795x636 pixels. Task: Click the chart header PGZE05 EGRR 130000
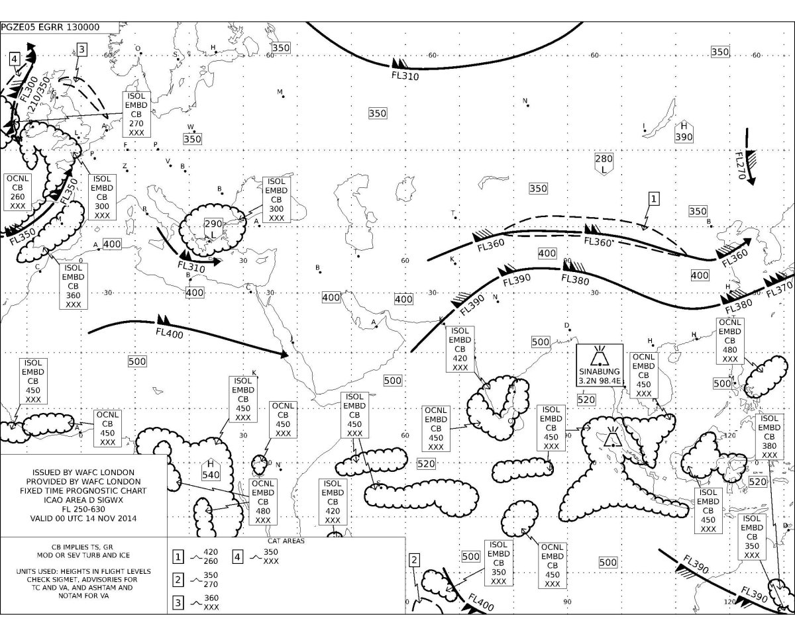[50, 27]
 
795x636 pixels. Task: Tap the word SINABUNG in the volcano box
[599, 371]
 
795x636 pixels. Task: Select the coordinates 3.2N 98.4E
[600, 381]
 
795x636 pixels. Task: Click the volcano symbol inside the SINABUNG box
[599, 356]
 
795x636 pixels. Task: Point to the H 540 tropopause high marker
[211, 469]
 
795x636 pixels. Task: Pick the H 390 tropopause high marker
[684, 132]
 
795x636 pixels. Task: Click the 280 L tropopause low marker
[604, 164]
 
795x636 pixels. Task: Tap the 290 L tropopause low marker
[213, 229]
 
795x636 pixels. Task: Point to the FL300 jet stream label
[28, 89]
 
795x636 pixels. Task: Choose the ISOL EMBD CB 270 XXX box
[136, 114]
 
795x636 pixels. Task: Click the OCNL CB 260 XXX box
[17, 193]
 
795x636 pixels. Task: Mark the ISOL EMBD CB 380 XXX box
[769, 437]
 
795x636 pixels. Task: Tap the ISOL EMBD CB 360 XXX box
[73, 286]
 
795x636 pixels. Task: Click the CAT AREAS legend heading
[286, 541]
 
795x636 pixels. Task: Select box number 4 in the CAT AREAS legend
[238, 557]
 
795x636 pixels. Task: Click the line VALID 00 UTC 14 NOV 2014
[83, 518]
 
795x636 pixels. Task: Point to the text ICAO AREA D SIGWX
[83, 500]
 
